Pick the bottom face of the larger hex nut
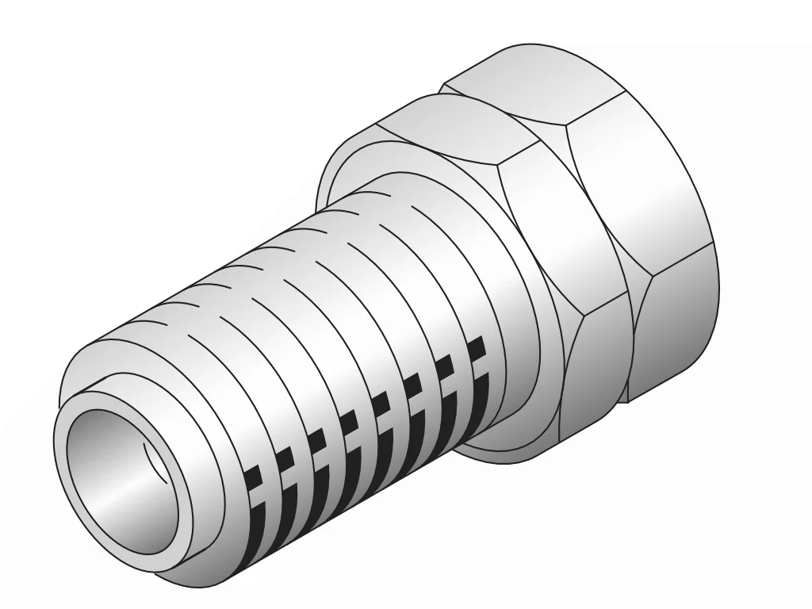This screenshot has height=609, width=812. pos(674,325)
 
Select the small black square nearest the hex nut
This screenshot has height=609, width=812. pos(476,348)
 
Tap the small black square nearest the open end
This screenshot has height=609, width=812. pos(252,477)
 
